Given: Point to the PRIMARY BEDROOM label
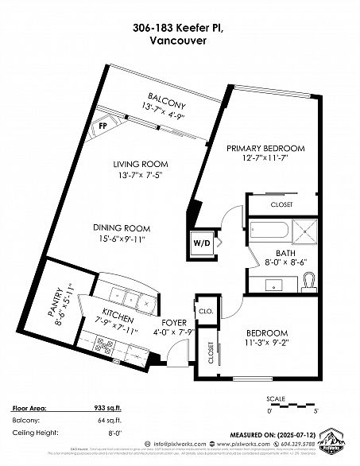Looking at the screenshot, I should tap(265, 149).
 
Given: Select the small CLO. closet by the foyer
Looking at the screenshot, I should tap(204, 311).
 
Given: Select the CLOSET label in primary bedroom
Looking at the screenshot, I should tap(281, 204).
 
